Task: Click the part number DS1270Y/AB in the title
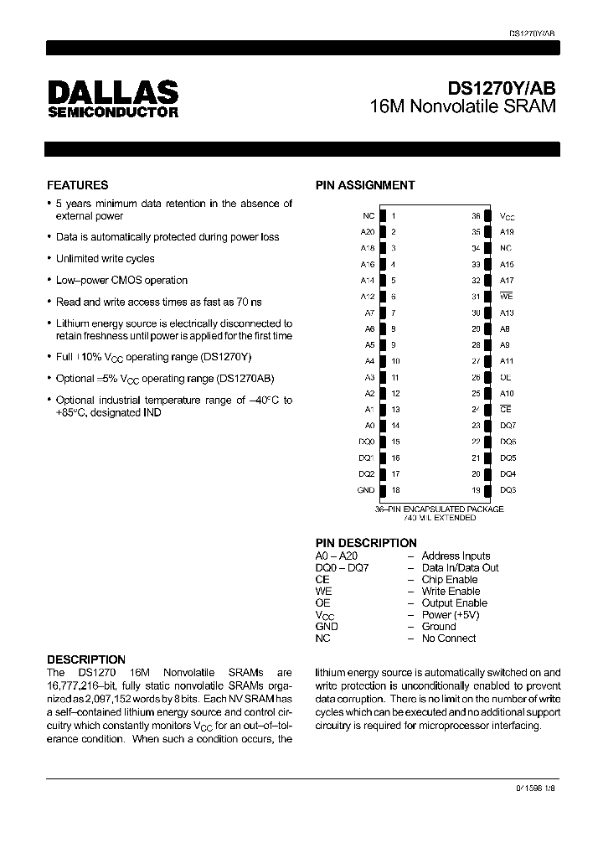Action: point(502,88)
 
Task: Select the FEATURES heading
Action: point(77,185)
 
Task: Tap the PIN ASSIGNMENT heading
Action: point(364,185)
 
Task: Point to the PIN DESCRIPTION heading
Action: point(365,543)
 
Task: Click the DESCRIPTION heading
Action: point(85,659)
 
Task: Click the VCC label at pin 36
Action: point(508,216)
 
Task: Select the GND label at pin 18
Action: point(366,490)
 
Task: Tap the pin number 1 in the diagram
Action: point(394,216)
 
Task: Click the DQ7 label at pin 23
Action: point(508,426)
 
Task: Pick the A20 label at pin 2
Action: point(367,232)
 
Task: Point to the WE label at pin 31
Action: point(506,296)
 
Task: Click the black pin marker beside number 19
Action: point(487,490)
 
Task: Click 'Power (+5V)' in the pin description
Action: point(451,614)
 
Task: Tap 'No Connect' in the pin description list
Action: point(448,638)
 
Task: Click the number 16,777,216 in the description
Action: point(76,685)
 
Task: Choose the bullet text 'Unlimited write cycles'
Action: point(105,259)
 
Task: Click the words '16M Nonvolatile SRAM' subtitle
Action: point(463,107)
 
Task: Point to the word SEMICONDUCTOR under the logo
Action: point(112,112)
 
